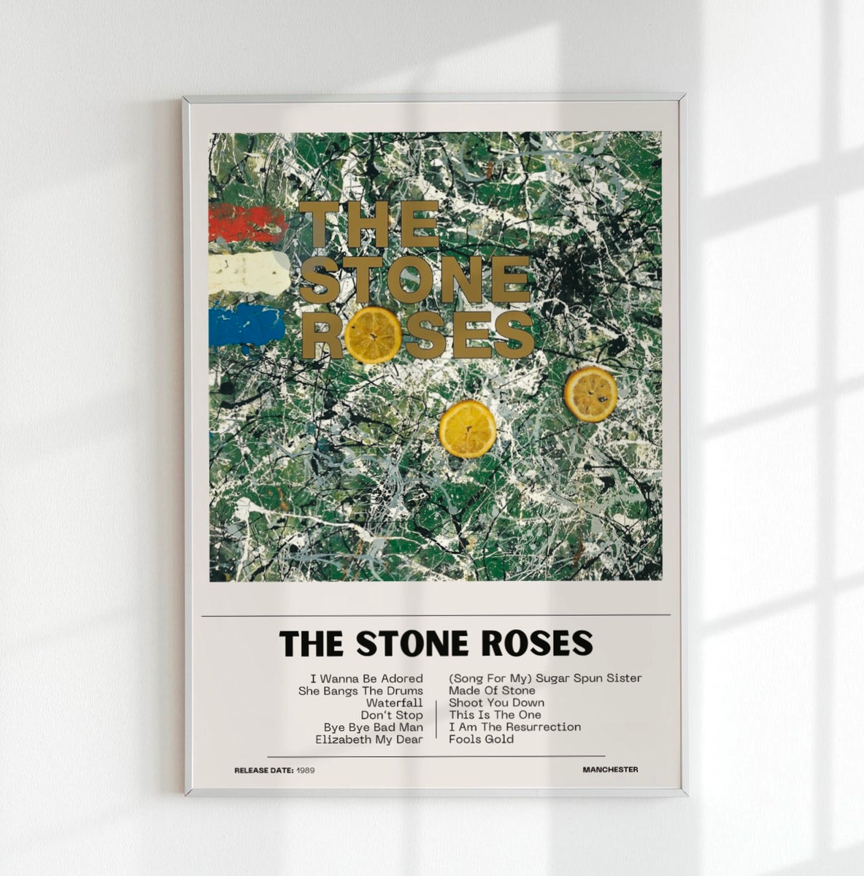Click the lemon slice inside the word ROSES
pyautogui.click(x=373, y=335)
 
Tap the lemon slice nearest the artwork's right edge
pyautogui.click(x=590, y=394)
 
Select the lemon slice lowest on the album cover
pyautogui.click(x=467, y=429)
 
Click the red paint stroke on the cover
pyautogui.click(x=246, y=223)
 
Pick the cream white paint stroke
pyautogui.click(x=248, y=273)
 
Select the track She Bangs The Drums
pyautogui.click(x=360, y=691)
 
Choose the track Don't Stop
pyautogui.click(x=391, y=715)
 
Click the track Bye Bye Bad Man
pyautogui.click(x=373, y=727)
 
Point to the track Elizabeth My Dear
pyautogui.click(x=369, y=739)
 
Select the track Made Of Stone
pyautogui.click(x=492, y=691)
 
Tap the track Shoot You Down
pyautogui.click(x=496, y=702)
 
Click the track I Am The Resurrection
pyautogui.click(x=514, y=727)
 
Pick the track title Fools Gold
pyautogui.click(x=481, y=739)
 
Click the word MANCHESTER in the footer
pyautogui.click(x=610, y=769)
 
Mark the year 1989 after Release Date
pyautogui.click(x=306, y=770)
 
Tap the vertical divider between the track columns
pyautogui.click(x=436, y=719)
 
